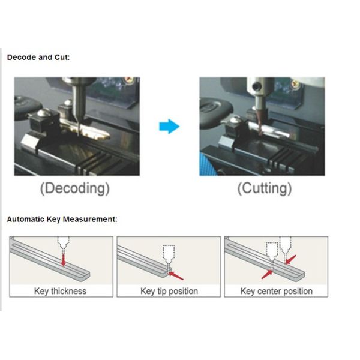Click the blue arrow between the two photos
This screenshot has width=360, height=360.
coord(170,127)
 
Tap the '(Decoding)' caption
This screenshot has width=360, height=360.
coord(75,188)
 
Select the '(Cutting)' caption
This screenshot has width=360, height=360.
coord(265,188)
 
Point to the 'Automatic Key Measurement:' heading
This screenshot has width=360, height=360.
coord(62,219)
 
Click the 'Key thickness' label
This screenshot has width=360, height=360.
coord(60,291)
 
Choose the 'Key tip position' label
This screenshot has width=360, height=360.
coord(169,291)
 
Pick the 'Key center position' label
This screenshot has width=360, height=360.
coord(276,291)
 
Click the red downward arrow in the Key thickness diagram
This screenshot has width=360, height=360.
coord(63,259)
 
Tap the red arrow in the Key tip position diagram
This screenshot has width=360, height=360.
coord(177,275)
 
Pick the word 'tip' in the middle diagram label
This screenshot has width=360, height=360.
coord(163,291)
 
